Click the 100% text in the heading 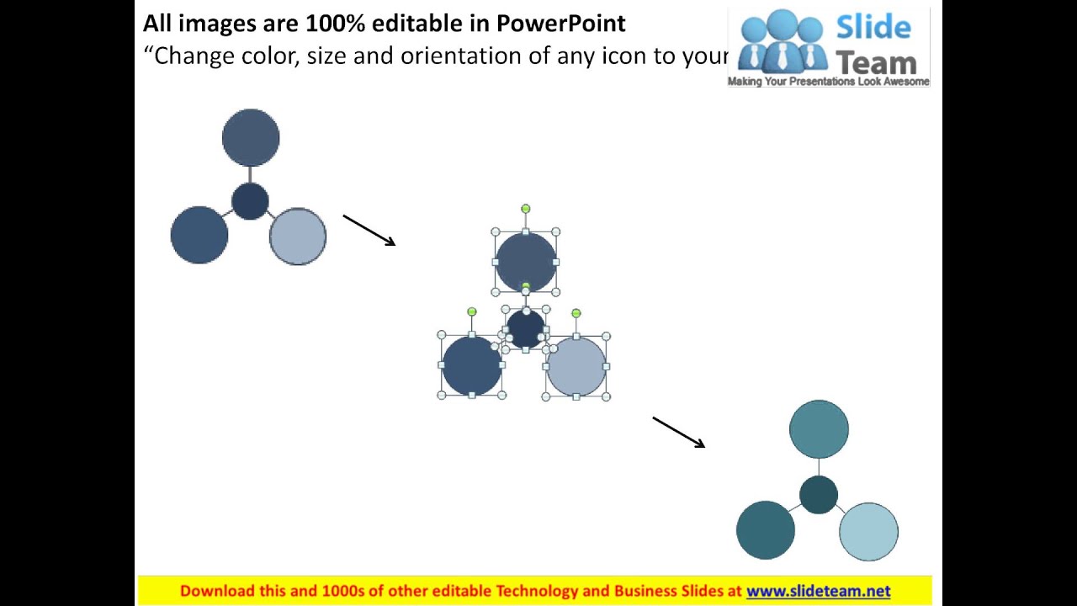(x=336, y=24)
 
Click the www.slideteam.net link (x=818, y=591)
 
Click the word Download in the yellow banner (x=217, y=591)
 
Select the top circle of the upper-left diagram (x=251, y=137)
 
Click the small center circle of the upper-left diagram (x=250, y=202)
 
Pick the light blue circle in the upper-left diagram (x=298, y=237)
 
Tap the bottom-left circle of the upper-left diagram (x=199, y=235)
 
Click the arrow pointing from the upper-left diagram (x=369, y=231)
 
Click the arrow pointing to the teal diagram (x=678, y=432)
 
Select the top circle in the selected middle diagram (x=526, y=262)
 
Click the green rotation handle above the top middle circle (x=526, y=209)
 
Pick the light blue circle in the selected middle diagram (x=576, y=366)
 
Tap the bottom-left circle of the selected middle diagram (x=472, y=365)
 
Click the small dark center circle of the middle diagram (x=526, y=328)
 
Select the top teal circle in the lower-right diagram (x=819, y=429)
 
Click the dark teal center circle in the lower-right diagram (x=818, y=494)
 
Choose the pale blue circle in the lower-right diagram (x=868, y=532)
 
